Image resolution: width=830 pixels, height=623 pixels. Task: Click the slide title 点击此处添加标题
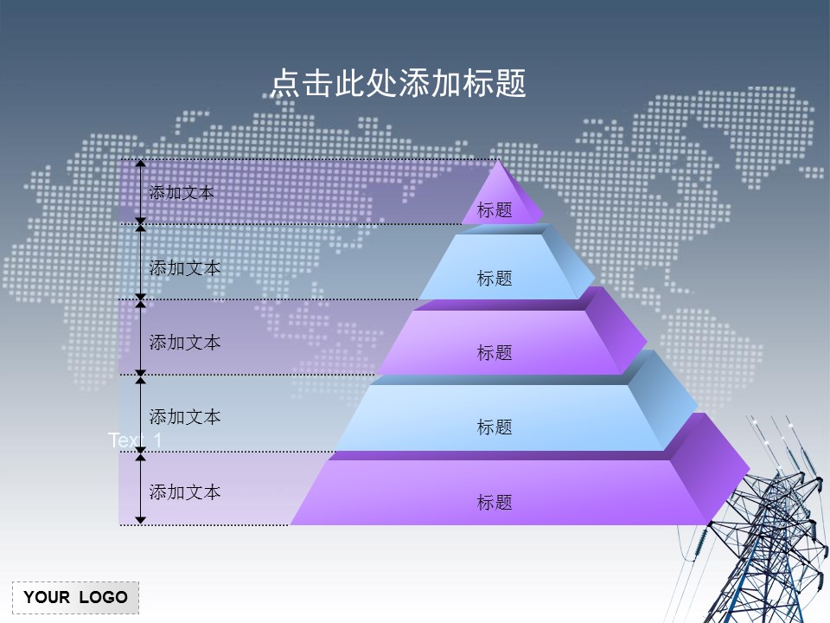pyautogui.click(x=398, y=84)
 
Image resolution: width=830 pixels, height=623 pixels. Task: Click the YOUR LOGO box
pyautogui.click(x=75, y=597)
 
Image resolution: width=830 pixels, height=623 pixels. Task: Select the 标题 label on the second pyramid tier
pyautogui.click(x=495, y=278)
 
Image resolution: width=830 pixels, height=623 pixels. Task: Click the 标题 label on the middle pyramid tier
pyautogui.click(x=495, y=352)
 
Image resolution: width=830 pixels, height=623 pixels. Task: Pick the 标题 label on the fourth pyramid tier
pyautogui.click(x=495, y=427)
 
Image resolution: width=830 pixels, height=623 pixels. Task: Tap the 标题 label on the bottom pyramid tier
pyautogui.click(x=495, y=502)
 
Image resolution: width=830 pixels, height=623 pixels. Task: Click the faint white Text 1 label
pyautogui.click(x=135, y=440)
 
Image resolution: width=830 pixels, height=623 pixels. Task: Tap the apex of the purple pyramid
pyautogui.click(x=498, y=163)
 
